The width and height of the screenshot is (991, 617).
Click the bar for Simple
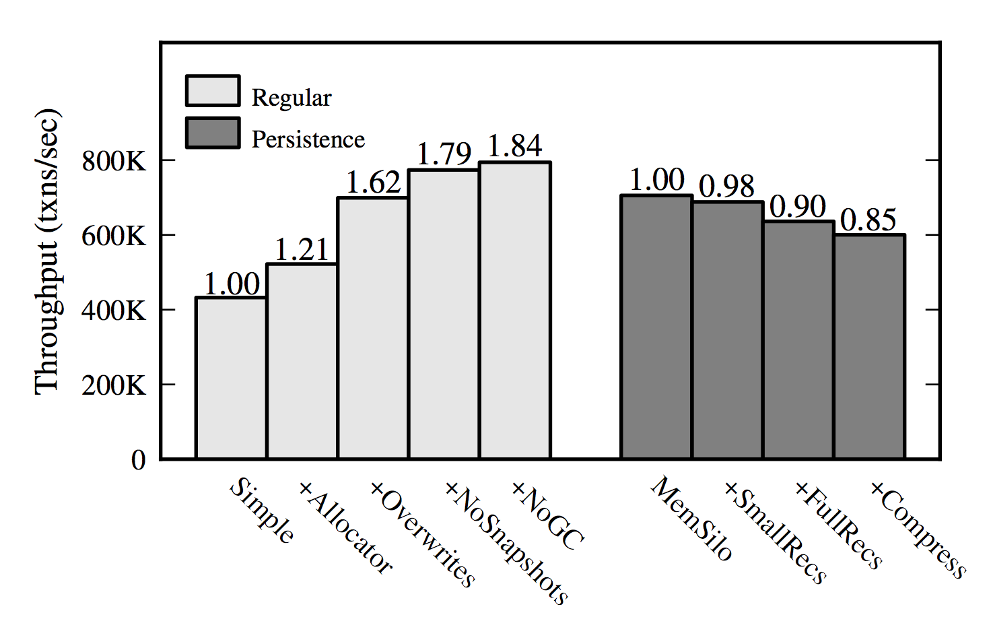click(x=231, y=378)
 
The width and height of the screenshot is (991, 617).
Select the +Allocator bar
click(x=302, y=361)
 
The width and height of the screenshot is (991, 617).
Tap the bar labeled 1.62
click(x=373, y=328)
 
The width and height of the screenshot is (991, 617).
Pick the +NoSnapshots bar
click(x=444, y=315)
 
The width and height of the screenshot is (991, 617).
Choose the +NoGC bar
click(x=515, y=311)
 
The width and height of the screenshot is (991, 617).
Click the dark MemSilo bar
click(x=656, y=327)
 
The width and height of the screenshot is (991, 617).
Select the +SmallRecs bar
click(x=728, y=331)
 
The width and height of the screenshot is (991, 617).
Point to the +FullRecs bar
click(x=798, y=340)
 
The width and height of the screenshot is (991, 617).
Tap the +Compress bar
click(x=869, y=347)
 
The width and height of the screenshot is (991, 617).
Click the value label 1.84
click(x=515, y=146)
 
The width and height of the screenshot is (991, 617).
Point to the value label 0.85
click(x=868, y=220)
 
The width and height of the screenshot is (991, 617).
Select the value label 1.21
click(x=302, y=250)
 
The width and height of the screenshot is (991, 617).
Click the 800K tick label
click(x=113, y=162)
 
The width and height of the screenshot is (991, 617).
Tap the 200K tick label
click(x=113, y=385)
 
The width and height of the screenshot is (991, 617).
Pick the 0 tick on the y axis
click(x=138, y=460)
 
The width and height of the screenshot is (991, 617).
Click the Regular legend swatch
click(x=213, y=91)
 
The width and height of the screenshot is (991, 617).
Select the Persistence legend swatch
click(x=213, y=133)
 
